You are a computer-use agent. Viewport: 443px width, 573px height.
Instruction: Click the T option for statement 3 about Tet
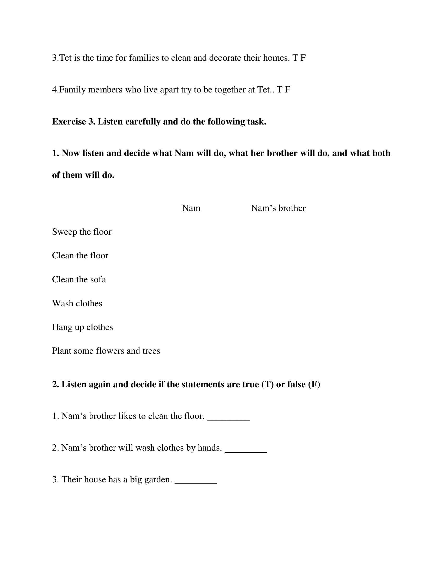pyautogui.click(x=295, y=58)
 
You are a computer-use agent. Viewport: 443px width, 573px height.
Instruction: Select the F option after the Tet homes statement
pyautogui.click(x=303, y=58)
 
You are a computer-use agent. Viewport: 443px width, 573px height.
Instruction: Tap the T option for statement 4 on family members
pyautogui.click(x=280, y=90)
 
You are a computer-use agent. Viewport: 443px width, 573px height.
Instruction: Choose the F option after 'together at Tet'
pyautogui.click(x=287, y=90)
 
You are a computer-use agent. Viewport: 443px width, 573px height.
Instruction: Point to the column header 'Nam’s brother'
pyautogui.click(x=278, y=208)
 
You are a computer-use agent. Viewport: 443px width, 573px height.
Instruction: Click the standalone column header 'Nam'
pyautogui.click(x=191, y=208)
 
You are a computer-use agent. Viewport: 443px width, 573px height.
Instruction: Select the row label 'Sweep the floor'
pyautogui.click(x=82, y=232)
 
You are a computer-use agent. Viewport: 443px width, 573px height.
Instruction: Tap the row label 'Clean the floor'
pyautogui.click(x=80, y=256)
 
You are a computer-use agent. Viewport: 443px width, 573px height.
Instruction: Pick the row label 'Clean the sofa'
pyautogui.click(x=79, y=279)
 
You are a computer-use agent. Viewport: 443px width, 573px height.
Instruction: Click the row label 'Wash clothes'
pyautogui.click(x=77, y=303)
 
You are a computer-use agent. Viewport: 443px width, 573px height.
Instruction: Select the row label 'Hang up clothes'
pyautogui.click(x=82, y=327)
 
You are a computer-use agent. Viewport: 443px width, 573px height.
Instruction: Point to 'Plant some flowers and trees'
pyautogui.click(x=106, y=351)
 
